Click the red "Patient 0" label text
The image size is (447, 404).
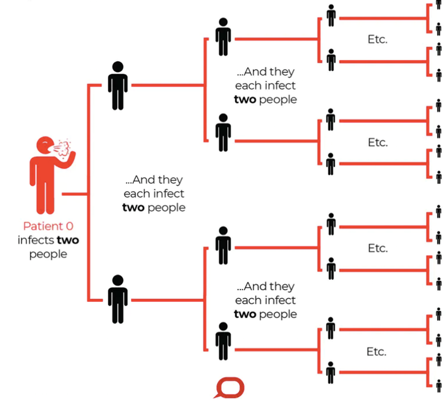tap(49, 226)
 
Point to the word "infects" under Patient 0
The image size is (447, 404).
tap(36, 240)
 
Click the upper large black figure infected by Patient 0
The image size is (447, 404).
tap(117, 85)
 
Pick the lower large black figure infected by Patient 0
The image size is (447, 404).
tap(117, 298)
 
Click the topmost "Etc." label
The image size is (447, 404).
tap(377, 40)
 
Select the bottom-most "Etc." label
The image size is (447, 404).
tap(377, 352)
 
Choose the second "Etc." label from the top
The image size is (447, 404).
tap(377, 142)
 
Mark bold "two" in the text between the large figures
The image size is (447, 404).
tap(133, 208)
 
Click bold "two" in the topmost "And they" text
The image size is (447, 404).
tap(245, 99)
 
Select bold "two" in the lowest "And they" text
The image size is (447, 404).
tap(245, 314)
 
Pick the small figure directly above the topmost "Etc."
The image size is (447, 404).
tap(331, 15)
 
